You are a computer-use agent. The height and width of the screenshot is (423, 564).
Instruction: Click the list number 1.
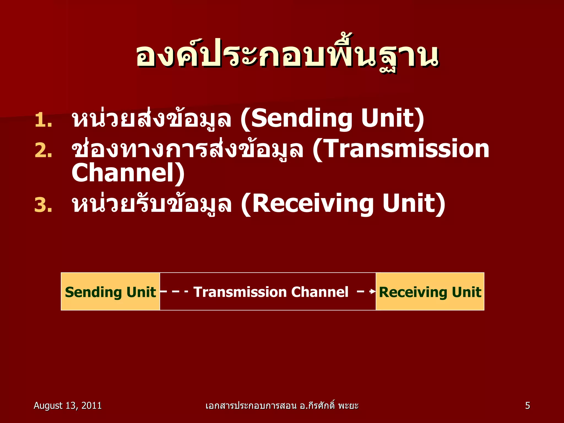43,121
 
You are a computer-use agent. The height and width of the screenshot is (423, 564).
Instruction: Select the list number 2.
43,151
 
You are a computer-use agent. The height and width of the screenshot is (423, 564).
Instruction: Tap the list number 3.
43,205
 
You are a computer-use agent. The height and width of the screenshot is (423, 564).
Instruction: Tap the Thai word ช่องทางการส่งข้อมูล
187,150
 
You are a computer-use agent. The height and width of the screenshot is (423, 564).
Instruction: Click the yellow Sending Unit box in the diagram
110,292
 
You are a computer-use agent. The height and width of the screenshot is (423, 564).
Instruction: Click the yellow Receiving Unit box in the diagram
430,292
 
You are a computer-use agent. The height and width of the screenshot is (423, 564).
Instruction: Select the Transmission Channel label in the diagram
271,292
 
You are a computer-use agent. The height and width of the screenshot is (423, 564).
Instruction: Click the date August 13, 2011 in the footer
67,406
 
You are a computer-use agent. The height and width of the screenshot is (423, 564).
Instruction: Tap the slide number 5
527,406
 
